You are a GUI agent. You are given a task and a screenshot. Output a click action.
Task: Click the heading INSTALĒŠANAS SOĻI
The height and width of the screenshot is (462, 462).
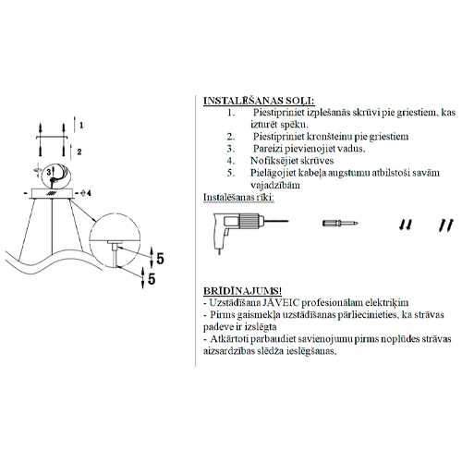(259, 101)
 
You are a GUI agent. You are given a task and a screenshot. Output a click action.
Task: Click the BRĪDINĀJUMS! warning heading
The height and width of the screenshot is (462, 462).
(242, 290)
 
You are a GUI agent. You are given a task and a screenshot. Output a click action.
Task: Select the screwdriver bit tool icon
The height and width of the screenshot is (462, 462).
(340, 223)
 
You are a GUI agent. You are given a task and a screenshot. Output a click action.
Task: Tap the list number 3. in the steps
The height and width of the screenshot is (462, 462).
(231, 149)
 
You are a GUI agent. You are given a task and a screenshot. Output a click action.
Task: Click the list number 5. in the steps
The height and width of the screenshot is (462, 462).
(231, 173)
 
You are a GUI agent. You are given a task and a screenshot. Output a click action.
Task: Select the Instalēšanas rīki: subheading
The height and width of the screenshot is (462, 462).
(238, 197)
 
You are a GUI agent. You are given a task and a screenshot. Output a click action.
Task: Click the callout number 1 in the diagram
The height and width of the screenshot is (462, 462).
(81, 126)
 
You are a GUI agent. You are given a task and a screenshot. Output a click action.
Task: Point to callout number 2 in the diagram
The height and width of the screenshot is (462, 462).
(79, 152)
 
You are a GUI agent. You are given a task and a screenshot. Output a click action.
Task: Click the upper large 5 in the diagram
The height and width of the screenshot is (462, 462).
(160, 259)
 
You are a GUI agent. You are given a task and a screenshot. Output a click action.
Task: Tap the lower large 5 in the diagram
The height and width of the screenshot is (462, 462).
(152, 279)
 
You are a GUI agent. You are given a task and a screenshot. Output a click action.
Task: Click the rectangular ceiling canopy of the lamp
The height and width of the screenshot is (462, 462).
(52, 193)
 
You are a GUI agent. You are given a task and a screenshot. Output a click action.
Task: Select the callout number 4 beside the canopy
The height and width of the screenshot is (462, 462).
(89, 193)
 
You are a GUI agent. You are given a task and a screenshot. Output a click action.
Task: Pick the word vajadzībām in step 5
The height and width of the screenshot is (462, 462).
(274, 185)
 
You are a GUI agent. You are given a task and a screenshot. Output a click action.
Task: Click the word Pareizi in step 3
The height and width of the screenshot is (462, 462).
(267, 149)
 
